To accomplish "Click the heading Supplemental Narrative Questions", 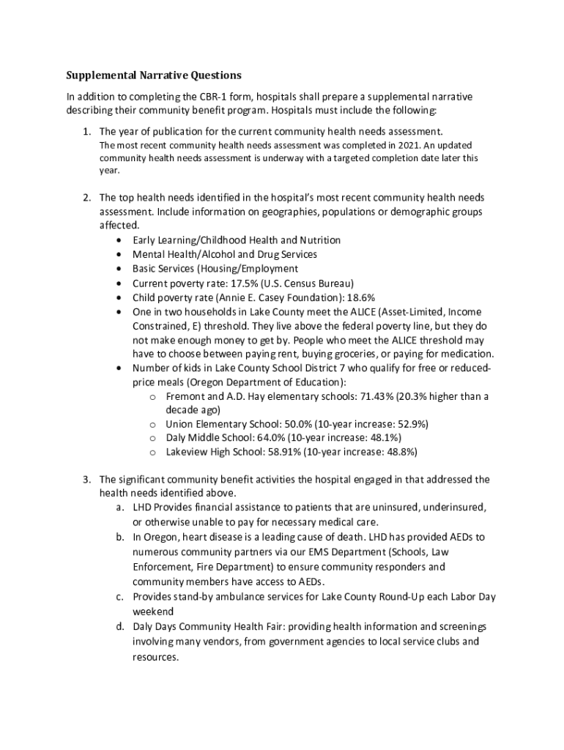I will point(154,75).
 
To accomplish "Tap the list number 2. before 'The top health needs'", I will point(86,198).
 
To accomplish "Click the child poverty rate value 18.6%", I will point(360,297).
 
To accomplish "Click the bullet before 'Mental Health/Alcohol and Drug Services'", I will point(119,255).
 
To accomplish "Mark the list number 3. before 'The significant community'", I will point(86,480).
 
